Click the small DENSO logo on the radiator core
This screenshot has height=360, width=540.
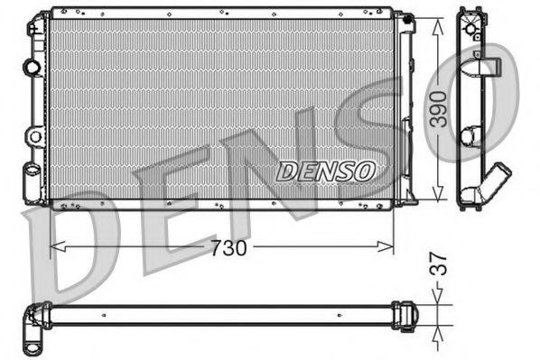coord(325,171)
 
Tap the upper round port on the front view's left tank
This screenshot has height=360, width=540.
coord(33,67)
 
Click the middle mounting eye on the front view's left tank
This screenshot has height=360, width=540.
coord(34,136)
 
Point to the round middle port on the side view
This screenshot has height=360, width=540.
coord(470,136)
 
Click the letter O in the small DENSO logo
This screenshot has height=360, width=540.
coord(366,171)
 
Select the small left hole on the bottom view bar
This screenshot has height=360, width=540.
coord(106,315)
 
